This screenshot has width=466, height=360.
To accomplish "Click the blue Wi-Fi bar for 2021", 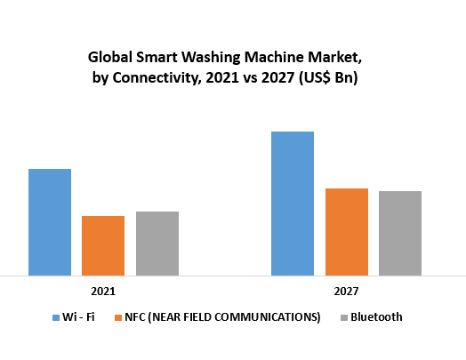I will (x=50, y=222).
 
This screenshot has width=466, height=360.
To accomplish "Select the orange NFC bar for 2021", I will (x=103, y=245).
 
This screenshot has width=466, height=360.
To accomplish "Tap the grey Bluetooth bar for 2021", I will (x=157, y=244).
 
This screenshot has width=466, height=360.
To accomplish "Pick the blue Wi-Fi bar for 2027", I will (x=293, y=204).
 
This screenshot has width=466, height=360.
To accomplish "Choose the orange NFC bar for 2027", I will (x=347, y=232).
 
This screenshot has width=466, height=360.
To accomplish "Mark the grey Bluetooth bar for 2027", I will (x=400, y=233).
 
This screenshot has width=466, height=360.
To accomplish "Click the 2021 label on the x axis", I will (x=103, y=291).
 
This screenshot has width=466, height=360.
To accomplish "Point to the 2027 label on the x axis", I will (x=347, y=291).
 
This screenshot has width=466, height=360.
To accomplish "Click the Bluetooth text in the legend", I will (x=376, y=317).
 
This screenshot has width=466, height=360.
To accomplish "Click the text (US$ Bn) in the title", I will (x=336, y=77).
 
